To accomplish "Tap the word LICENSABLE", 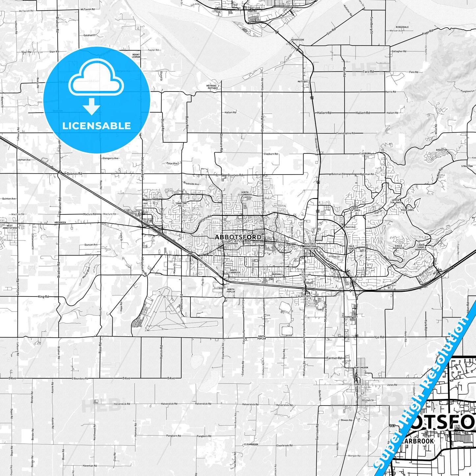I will [97, 126].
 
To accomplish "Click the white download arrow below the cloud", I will [92, 106].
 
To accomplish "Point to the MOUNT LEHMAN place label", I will [136, 56].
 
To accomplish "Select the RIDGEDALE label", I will [402, 27].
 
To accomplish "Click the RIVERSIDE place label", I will [297, 40].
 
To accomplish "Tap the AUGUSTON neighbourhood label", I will [441, 150].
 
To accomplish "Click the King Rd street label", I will [43, 297].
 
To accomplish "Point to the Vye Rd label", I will [379, 337].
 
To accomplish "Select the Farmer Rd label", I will [334, 358].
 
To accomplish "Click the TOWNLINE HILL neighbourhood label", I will [181, 205].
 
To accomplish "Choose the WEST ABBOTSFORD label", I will [10, 227].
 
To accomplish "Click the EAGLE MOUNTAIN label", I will [398, 247].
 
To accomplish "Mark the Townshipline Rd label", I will [345, 133].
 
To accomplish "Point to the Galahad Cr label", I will [89, 35].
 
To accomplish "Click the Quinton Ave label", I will [9, 199].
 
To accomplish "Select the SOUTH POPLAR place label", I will [262, 338].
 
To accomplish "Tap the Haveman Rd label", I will [90, 466].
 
